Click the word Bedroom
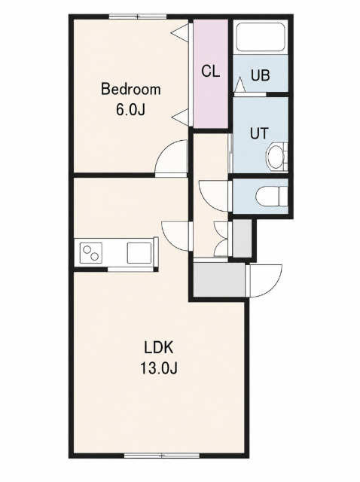pyautogui.click(x=130, y=90)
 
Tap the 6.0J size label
pyautogui.click(x=130, y=109)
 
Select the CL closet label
pyautogui.click(x=211, y=72)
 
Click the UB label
pyautogui.click(x=261, y=75)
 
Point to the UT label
pyautogui.click(x=259, y=133)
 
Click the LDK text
pyautogui.click(x=159, y=348)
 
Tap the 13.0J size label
pyautogui.click(x=159, y=368)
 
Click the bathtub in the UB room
pyautogui.click(x=261, y=37)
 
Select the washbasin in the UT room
pyautogui.click(x=276, y=157)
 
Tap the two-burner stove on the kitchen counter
pyautogui.click(x=90, y=252)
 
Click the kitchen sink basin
pyautogui.click(x=139, y=253)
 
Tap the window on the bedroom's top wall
pyautogui.click(x=138, y=17)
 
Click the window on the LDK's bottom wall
pyautogui.click(x=162, y=455)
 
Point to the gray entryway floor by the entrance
pyautogui.click(x=219, y=279)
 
